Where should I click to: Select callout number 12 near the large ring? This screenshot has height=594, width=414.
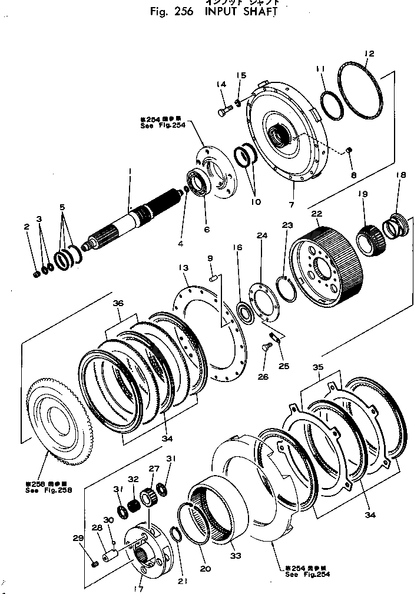point(369,55)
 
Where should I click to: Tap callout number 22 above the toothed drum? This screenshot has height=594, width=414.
point(317,214)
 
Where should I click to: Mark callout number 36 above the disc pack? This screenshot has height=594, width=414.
point(118,304)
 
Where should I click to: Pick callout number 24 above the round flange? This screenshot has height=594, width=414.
point(261,235)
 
